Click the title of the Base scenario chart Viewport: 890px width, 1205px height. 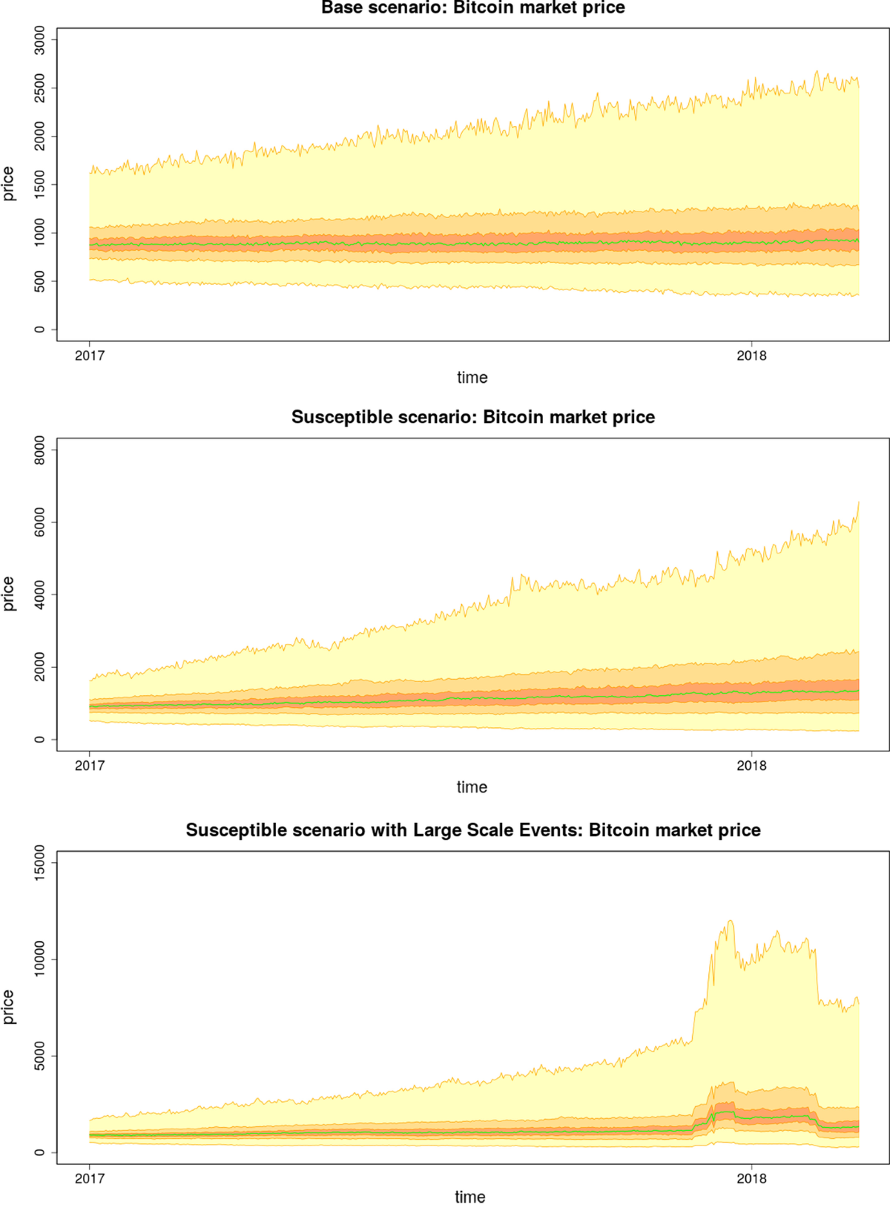pos(472,8)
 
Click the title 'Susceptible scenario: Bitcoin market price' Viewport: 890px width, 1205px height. pos(472,417)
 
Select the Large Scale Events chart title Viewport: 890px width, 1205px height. pos(472,830)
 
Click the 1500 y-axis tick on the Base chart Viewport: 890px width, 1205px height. pos(39,185)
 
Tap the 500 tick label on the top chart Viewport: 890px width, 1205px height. pos(39,281)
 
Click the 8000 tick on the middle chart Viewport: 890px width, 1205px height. pos(39,450)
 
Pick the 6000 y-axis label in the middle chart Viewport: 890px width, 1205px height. pos(39,522)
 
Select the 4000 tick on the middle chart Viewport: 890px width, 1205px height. pos(39,594)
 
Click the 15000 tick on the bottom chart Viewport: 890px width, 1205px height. pos(39,862)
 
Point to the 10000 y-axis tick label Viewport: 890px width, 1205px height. pos(39,959)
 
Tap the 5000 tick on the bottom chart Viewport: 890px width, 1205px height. pos(39,1056)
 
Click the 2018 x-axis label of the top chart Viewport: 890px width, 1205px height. pos(751,355)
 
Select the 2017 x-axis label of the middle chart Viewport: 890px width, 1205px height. pos(90,765)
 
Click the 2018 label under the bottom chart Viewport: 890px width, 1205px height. pos(751,1178)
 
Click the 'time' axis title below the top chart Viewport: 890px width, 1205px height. pos(472,377)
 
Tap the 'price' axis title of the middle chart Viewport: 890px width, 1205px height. pos(9,594)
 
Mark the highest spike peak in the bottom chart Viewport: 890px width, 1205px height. pos(731,922)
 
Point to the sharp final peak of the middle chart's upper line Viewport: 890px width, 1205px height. pos(858,502)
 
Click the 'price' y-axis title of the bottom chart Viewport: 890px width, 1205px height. pos(9,1007)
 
